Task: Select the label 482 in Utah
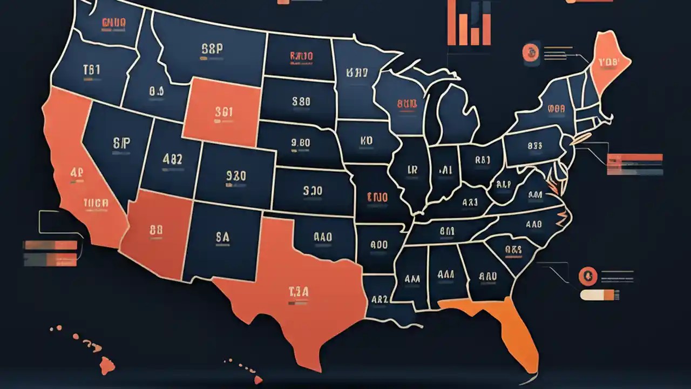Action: tap(172, 159)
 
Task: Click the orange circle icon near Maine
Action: tap(531, 52)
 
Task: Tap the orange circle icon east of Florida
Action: tap(586, 277)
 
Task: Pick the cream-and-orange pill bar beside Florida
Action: tap(600, 295)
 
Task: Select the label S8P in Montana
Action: tap(212, 49)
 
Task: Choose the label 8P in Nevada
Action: tap(122, 143)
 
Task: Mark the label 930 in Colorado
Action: tap(236, 176)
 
